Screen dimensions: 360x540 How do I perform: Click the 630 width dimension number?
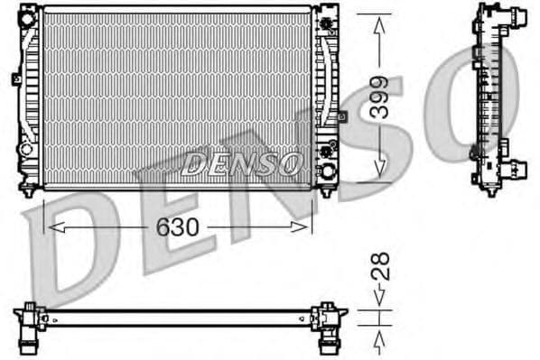tap(177, 227)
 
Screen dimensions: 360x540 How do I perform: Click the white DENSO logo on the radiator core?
tap(241, 163)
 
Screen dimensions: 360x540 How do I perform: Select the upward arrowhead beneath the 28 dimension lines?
tap(380, 337)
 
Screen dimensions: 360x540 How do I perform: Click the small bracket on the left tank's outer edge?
tap(15, 79)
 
